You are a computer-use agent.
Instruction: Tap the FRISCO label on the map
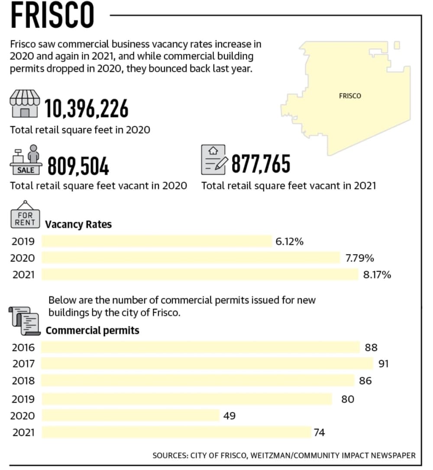[x=350, y=96]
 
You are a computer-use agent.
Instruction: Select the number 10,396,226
[x=87, y=108]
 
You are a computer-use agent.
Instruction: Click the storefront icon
[x=25, y=104]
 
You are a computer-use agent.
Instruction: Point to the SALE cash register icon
[x=26, y=160]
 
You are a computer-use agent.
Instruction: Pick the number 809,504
[x=78, y=166]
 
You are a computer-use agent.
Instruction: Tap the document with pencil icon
[x=214, y=160]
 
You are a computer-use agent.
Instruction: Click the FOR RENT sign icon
[x=25, y=215]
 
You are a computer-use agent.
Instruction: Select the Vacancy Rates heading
[x=78, y=225]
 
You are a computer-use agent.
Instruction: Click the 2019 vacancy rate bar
[x=157, y=242]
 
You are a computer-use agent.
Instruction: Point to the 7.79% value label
[x=360, y=258]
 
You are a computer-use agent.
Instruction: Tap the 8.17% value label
[x=377, y=274]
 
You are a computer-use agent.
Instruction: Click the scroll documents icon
[x=25, y=321]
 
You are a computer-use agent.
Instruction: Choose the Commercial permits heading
[x=93, y=331]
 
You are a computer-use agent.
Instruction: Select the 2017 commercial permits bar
[x=207, y=364]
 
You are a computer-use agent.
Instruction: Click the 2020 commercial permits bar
[x=131, y=415]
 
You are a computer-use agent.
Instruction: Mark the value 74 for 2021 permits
[x=319, y=432]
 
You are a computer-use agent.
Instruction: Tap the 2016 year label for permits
[x=23, y=347]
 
